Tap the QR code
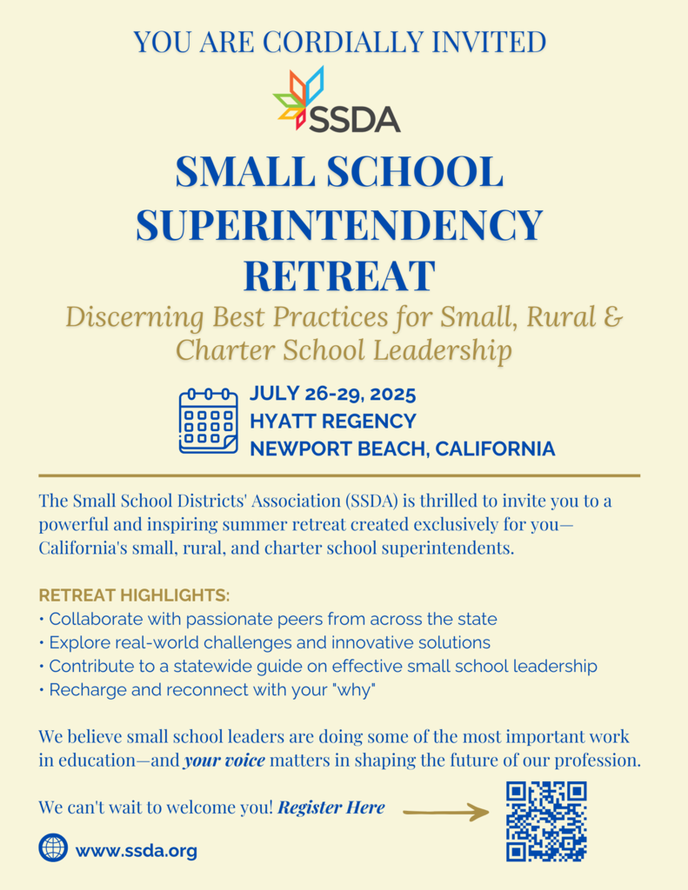point(546,821)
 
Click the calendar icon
point(208,422)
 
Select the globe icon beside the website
point(53,847)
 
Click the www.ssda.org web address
point(137,851)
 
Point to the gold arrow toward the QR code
point(446,813)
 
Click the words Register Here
point(331,807)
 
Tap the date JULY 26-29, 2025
point(333,394)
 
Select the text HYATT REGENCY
point(333,422)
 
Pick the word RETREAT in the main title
point(339,276)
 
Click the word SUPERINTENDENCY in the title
point(339,224)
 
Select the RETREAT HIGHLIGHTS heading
point(135,596)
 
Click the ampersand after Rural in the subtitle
point(612,316)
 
